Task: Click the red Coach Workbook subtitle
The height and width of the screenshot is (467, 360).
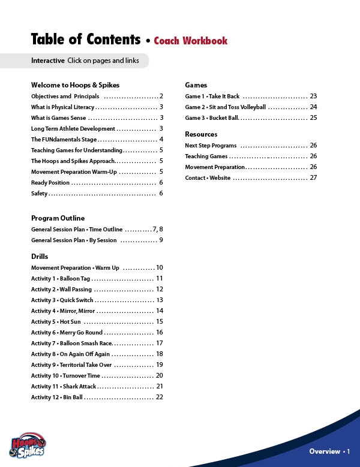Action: coord(191,41)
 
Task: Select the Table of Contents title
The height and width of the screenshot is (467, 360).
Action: coord(86,40)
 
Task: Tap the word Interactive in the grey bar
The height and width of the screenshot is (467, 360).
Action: coord(48,61)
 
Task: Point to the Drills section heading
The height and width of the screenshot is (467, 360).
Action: coord(40,257)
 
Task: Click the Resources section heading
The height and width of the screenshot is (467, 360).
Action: coord(201,134)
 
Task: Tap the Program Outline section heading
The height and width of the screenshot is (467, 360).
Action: coord(58,218)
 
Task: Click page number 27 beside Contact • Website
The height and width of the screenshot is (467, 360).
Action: coord(313,178)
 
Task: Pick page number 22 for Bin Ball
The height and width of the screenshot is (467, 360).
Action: coord(160,397)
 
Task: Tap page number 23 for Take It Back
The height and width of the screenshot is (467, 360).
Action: coord(313,97)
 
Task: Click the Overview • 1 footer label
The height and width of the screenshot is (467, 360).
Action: coord(329,451)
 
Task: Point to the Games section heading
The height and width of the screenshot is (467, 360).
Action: coord(196,85)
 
